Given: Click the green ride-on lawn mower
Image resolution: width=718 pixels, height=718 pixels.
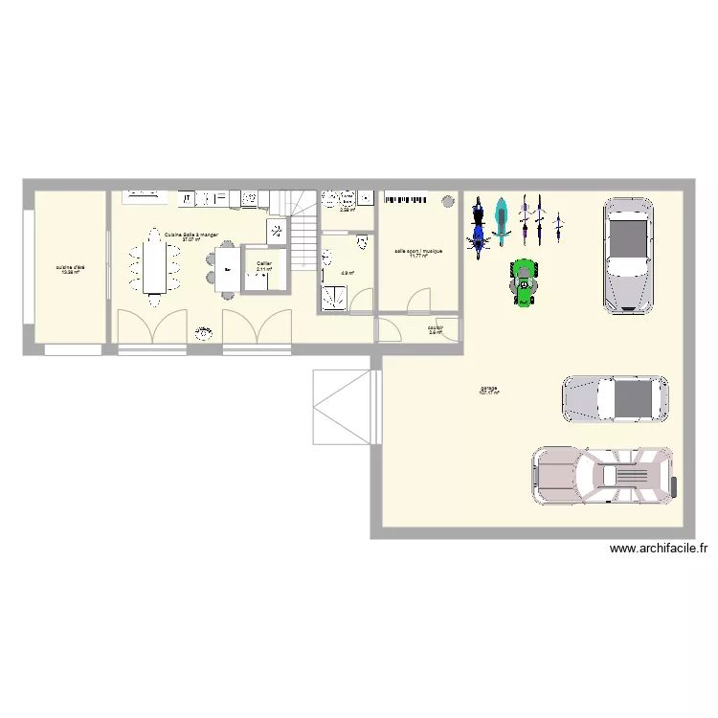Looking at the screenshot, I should (524, 283).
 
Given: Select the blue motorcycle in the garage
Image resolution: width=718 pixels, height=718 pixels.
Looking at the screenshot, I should (478, 227).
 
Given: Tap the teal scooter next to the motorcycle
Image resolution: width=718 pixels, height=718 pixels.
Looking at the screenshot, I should (500, 221).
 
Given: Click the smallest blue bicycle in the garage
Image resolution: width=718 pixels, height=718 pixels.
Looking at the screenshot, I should (557, 227).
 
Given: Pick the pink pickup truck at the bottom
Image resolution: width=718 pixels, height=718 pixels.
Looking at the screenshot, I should (605, 475).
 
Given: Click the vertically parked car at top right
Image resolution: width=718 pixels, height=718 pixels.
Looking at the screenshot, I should (627, 255).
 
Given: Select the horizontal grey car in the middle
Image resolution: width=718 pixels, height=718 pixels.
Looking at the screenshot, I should (615, 399).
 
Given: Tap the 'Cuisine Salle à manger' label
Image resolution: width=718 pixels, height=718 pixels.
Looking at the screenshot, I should (191, 235).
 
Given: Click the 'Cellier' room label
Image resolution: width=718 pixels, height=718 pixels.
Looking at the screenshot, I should (263, 263).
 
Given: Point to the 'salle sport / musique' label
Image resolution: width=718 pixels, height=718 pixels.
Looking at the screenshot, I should (418, 252).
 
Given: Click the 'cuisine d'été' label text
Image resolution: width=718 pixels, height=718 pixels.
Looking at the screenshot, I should (69, 267).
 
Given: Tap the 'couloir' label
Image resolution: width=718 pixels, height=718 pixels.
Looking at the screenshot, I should (436, 328).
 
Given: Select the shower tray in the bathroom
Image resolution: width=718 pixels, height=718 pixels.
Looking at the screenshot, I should (334, 298).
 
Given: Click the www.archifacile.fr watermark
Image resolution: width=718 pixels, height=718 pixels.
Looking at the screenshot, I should (658, 549).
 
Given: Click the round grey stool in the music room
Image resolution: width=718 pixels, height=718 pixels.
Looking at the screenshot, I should (447, 201).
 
